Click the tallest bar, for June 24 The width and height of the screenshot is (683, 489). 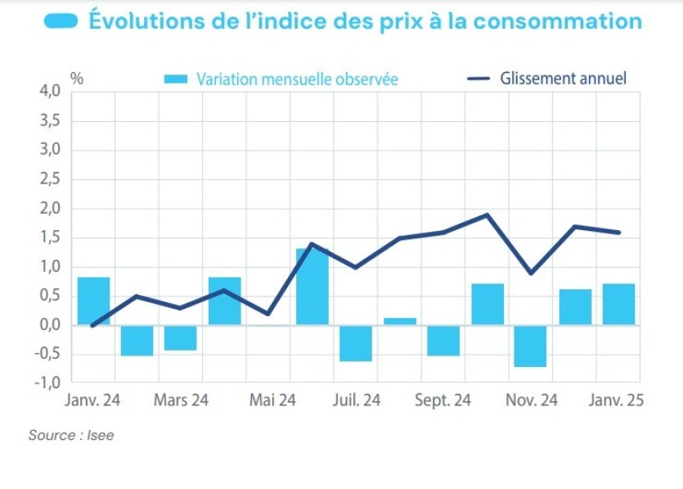click(312, 286)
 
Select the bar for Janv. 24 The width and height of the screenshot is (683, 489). click(93, 301)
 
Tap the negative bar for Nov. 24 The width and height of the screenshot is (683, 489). click(531, 346)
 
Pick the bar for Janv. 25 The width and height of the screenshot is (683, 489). click(618, 304)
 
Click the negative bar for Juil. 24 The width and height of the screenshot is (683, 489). click(356, 343)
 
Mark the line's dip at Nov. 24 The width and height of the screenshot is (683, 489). click(531, 273)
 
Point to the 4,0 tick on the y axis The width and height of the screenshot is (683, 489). click(50, 92)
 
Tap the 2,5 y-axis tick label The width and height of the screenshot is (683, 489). click(50, 179)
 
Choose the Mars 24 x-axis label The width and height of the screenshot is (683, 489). click(181, 401)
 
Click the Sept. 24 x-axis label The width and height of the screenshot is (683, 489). click(443, 401)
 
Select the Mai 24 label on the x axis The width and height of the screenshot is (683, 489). click(272, 401)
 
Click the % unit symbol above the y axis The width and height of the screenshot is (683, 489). click(77, 79)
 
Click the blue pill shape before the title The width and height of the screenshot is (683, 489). click(60, 20)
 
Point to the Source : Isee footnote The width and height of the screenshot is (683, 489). click(71, 435)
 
